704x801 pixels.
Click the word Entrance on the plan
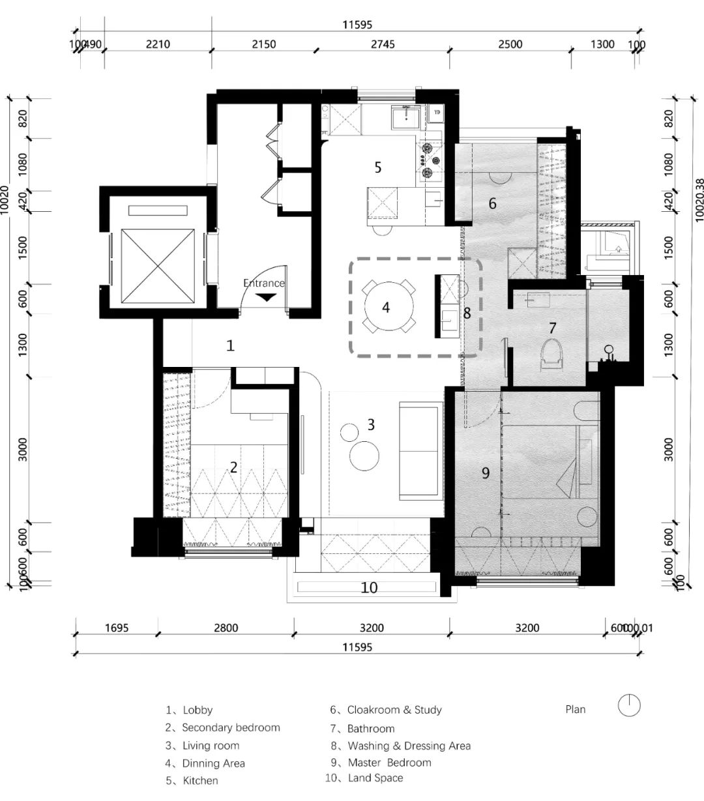point(264,283)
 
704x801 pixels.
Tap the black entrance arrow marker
point(265,297)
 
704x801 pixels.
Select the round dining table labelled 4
point(386,306)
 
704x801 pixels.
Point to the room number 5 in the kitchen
point(377,167)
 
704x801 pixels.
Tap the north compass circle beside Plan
point(629,706)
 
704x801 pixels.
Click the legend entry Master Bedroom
point(389,763)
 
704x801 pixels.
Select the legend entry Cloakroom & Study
point(394,710)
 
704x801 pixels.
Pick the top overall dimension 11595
point(357,25)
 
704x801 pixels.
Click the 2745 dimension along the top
point(383,44)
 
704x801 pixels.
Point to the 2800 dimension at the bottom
point(226,628)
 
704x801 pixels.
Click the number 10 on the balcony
point(369,587)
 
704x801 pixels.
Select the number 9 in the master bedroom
point(485,473)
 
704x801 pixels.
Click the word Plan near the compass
point(575,709)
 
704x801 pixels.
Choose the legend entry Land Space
point(375,778)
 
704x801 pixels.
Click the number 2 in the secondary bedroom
point(233,467)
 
